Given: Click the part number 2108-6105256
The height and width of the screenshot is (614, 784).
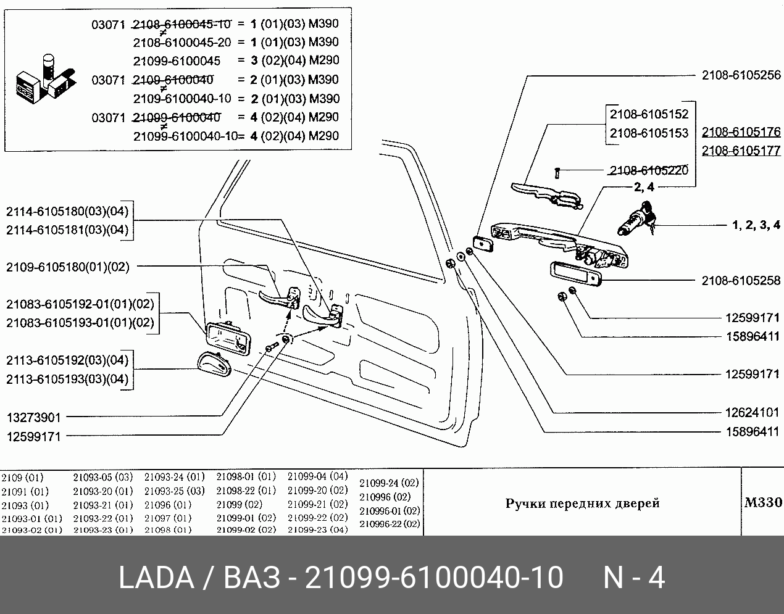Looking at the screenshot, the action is click(741, 75).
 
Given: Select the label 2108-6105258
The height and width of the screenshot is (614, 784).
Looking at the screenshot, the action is click(741, 281).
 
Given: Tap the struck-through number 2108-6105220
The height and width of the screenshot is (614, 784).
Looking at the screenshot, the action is click(649, 170).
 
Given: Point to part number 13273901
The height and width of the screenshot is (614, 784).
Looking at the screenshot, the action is click(33, 418).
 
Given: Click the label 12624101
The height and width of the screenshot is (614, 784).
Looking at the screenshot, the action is click(753, 412).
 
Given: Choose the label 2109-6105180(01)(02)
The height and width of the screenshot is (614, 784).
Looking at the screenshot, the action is click(68, 267).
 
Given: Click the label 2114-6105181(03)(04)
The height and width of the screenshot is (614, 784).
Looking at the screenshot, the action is click(67, 230).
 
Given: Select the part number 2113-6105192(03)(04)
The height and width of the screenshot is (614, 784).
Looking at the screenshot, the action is click(67, 360).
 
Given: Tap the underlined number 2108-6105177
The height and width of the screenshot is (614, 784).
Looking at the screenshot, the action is click(741, 151).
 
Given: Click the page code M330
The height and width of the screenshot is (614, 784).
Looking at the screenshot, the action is click(763, 502).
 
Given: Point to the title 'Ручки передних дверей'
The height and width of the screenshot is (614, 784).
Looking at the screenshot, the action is click(582, 503).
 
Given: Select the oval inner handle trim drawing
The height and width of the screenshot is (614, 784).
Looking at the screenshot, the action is click(214, 364).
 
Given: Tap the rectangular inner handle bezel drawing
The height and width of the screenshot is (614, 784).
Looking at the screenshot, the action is click(228, 339).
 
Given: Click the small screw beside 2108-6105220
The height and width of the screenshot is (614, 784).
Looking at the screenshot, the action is click(557, 173).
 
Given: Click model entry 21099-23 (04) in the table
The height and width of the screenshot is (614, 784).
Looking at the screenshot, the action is click(318, 529).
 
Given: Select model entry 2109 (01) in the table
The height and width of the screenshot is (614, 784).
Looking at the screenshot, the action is click(22, 478).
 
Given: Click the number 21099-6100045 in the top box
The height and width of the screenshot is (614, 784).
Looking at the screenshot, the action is click(177, 61).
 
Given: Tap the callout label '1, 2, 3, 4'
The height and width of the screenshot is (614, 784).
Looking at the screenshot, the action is click(756, 225).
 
